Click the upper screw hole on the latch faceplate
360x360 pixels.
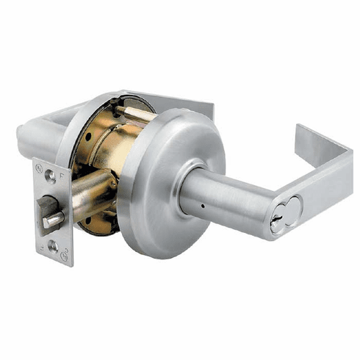coord(49,175)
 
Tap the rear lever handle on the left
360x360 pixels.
coord(40,132)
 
